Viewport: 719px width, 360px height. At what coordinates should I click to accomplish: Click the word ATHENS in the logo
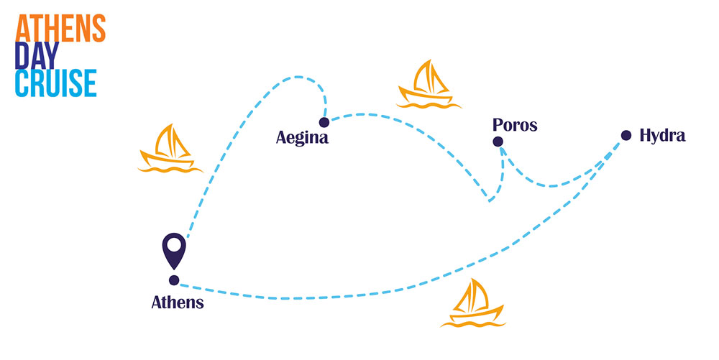click(x=60, y=27)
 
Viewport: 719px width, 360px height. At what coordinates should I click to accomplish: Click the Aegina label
click(x=302, y=137)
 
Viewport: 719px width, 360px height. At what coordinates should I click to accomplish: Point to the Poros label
click(x=515, y=125)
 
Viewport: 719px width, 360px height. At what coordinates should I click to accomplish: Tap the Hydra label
click(x=662, y=135)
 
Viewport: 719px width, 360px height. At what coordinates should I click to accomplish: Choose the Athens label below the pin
click(x=178, y=303)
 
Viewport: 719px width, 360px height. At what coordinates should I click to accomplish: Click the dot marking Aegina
click(x=324, y=122)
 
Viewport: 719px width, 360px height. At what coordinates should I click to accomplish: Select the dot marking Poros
click(x=498, y=142)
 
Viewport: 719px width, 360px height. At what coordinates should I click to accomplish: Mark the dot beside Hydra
click(x=626, y=135)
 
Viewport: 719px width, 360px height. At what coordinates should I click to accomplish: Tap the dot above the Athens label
click(x=173, y=280)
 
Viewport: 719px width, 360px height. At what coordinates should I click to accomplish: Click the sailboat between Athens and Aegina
click(x=168, y=149)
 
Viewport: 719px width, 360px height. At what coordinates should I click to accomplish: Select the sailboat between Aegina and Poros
click(x=427, y=84)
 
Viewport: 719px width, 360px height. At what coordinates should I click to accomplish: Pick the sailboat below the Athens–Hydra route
click(x=470, y=303)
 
